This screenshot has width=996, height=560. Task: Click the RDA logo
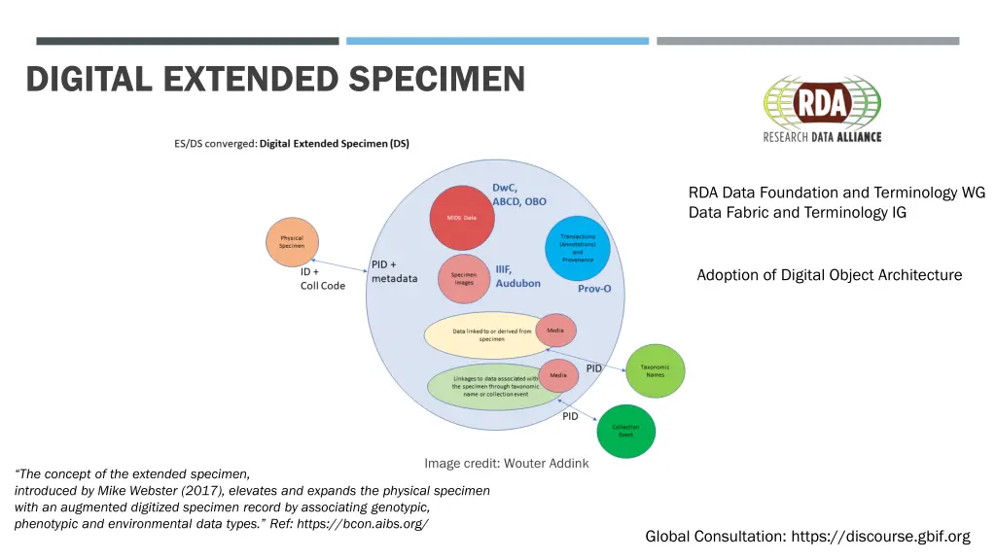point(822,109)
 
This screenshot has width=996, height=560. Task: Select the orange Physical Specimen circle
point(292,242)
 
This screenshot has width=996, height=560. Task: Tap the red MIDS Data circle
point(463,217)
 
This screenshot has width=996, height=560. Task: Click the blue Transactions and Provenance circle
point(578,248)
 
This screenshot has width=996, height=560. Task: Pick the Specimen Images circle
point(464,279)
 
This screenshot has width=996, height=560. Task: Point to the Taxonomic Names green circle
point(656,370)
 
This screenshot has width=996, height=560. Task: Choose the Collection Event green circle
point(625,431)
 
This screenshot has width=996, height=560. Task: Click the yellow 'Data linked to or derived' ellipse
point(486,334)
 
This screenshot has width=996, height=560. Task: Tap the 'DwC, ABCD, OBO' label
point(518,194)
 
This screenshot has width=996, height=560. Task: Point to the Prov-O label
point(594,289)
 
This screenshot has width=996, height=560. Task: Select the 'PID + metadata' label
point(395,271)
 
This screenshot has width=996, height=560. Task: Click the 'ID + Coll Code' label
point(322,279)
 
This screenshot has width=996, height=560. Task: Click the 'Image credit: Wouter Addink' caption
point(506,463)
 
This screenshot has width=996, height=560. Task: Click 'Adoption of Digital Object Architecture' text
point(829,275)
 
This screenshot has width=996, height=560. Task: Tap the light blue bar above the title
point(497,41)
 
